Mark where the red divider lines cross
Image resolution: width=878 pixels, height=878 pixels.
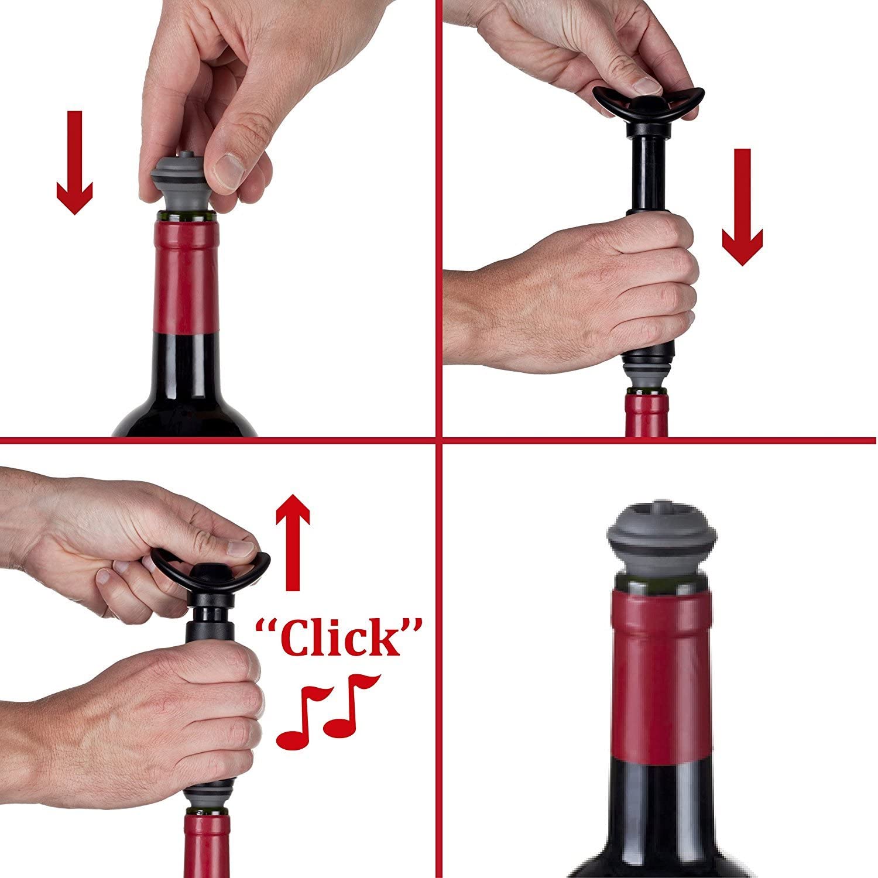pos(439,438)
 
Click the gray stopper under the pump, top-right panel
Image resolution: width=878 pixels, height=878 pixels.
pos(647,375)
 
